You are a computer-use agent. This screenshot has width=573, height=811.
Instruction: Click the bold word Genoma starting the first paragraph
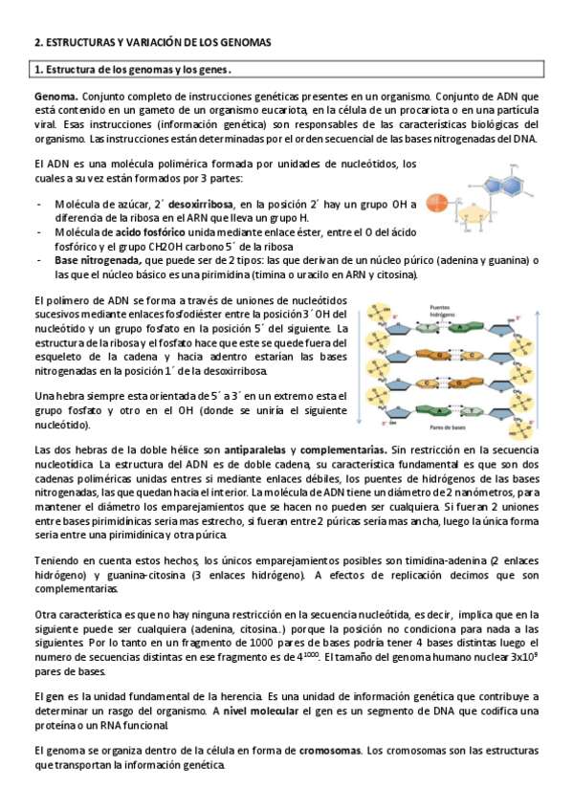coord(55,97)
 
